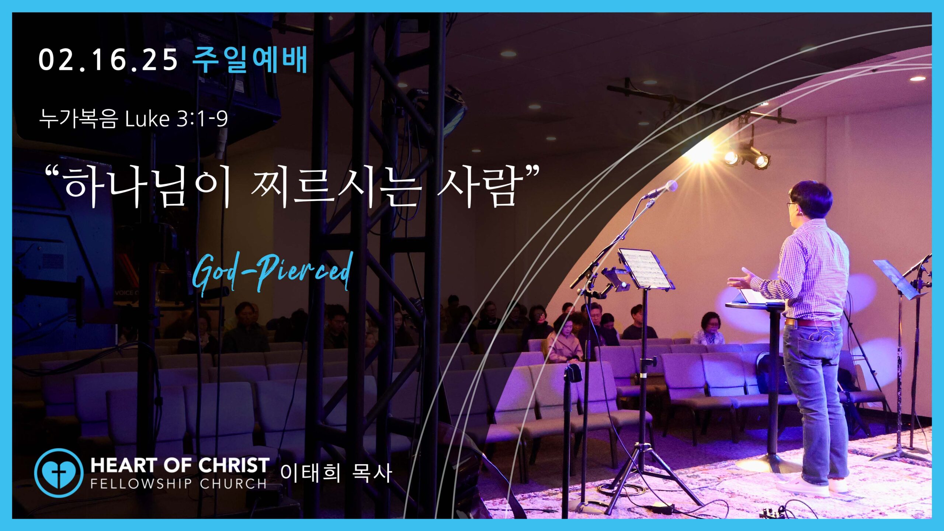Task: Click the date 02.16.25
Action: [108, 60]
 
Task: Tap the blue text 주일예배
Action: [250, 59]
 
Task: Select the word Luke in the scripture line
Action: [147, 119]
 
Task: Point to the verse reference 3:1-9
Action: [202, 119]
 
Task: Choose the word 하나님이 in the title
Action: [147, 187]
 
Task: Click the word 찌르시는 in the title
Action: [336, 187]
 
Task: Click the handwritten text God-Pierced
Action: [272, 273]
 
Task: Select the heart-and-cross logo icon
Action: [59, 473]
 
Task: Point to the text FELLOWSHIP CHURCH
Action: [178, 483]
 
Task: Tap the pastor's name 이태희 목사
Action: [336, 473]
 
